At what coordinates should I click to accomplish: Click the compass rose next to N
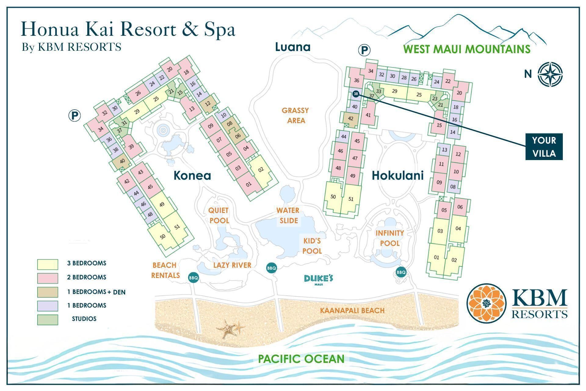550,74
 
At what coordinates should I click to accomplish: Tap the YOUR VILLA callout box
544,147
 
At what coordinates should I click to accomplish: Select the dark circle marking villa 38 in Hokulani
356,94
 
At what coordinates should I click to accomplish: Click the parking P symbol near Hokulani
364,50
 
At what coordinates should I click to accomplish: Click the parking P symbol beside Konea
74,116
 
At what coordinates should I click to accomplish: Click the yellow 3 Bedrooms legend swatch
48,264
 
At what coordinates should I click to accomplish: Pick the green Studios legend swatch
48,320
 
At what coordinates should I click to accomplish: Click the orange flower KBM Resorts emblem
486,303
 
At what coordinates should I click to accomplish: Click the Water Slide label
288,215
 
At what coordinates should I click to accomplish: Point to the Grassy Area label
295,115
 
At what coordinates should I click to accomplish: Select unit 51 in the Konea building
177,227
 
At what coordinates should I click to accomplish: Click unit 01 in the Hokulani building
436,258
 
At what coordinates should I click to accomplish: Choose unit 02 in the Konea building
261,170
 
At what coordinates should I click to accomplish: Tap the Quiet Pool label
219,215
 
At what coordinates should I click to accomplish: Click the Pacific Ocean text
301,359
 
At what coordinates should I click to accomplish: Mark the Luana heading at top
293,47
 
